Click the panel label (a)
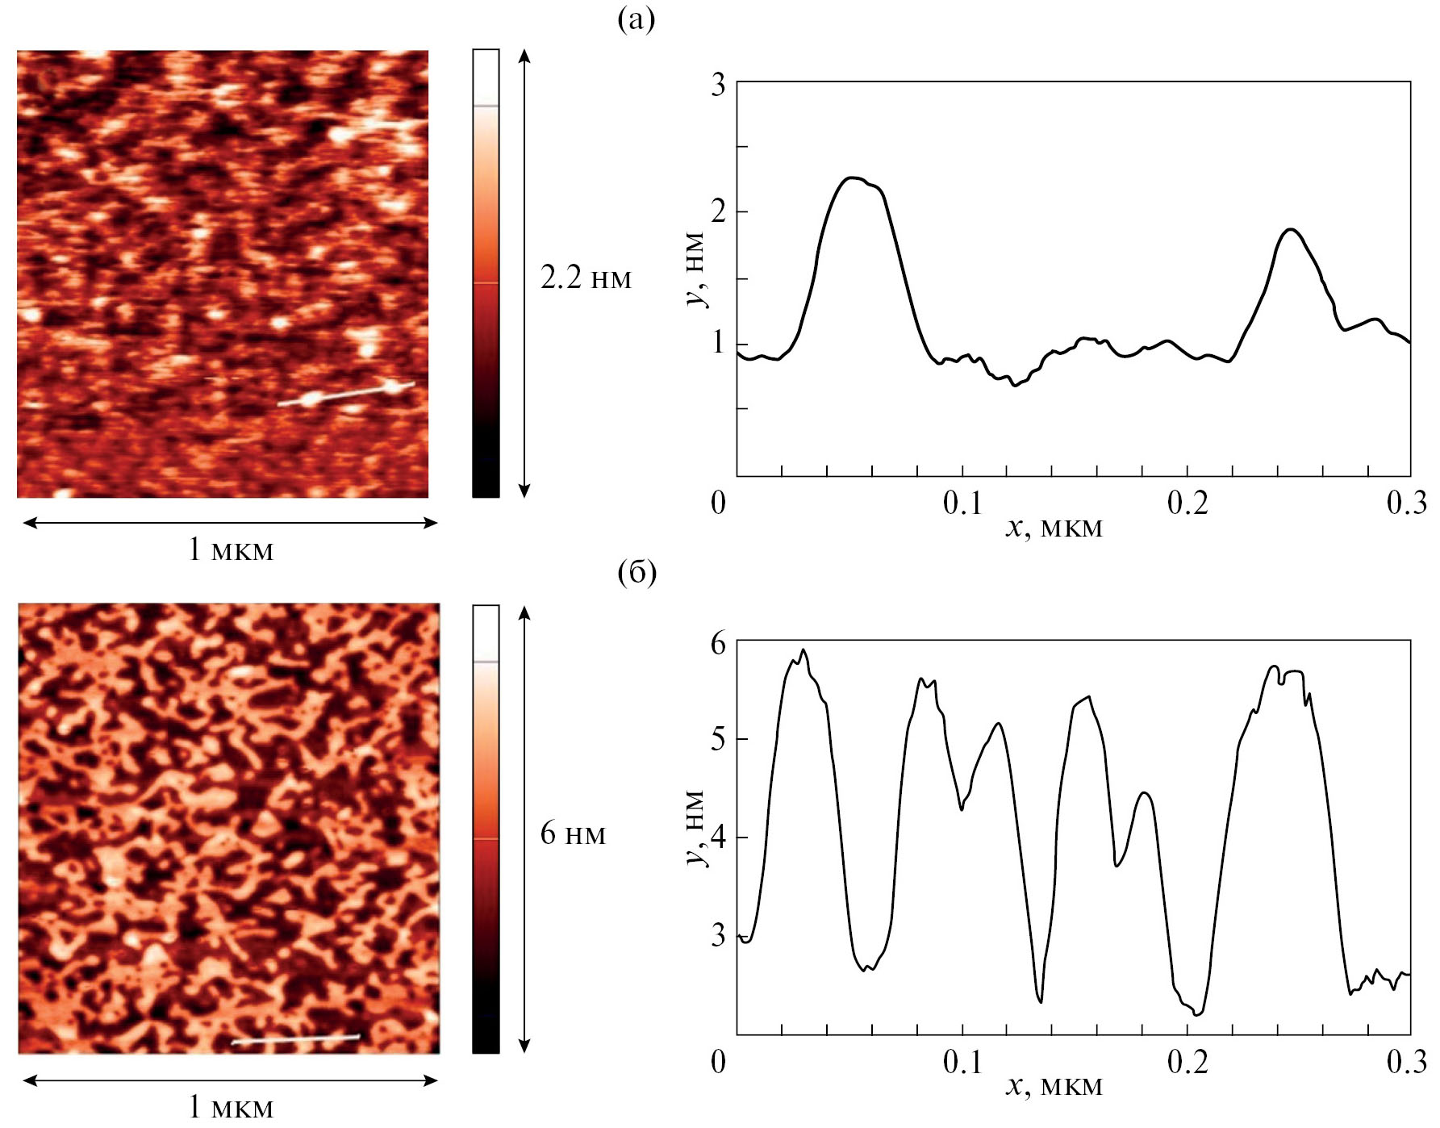[x=636, y=19]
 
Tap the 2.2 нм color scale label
[x=586, y=278]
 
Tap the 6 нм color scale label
[x=573, y=833]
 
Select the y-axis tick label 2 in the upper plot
[x=718, y=212]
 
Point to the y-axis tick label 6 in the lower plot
[x=718, y=644]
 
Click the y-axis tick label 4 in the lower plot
[x=718, y=838]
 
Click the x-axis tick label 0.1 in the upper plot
[x=963, y=503]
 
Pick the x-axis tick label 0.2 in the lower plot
[x=1187, y=1062]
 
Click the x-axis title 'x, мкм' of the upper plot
[x=1054, y=528]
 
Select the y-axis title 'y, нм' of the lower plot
[x=696, y=828]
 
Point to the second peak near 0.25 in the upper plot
[x=1292, y=229]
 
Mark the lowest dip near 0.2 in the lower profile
[x=1198, y=1013]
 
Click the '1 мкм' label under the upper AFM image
[x=231, y=550]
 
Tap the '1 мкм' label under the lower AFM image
[x=231, y=1107]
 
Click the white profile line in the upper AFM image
[x=347, y=393]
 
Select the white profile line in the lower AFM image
[x=295, y=1039]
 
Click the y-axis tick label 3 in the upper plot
[x=718, y=85]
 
